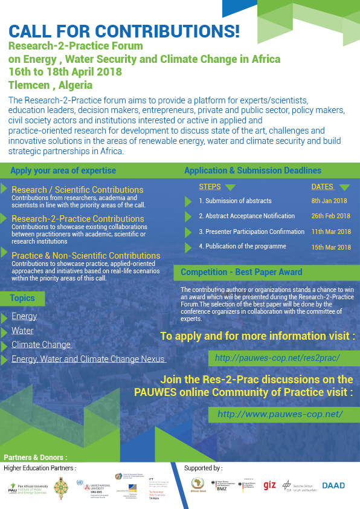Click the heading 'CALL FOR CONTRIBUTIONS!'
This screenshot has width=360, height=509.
[124, 31]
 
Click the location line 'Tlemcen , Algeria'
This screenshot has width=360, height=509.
[50, 85]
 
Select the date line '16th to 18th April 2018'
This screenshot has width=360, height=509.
[71, 72]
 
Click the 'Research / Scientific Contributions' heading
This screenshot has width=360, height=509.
[77, 190]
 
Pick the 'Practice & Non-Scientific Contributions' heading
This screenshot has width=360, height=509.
[86, 256]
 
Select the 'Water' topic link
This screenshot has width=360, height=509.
[22, 331]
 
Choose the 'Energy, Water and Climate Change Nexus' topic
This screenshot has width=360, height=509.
[88, 360]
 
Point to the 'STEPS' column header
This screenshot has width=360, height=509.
[210, 187]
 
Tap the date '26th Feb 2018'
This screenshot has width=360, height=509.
[330, 216]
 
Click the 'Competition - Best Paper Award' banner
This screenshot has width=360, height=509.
[242, 273]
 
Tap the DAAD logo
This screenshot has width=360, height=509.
[333, 485]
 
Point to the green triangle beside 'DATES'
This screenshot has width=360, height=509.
[344, 187]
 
